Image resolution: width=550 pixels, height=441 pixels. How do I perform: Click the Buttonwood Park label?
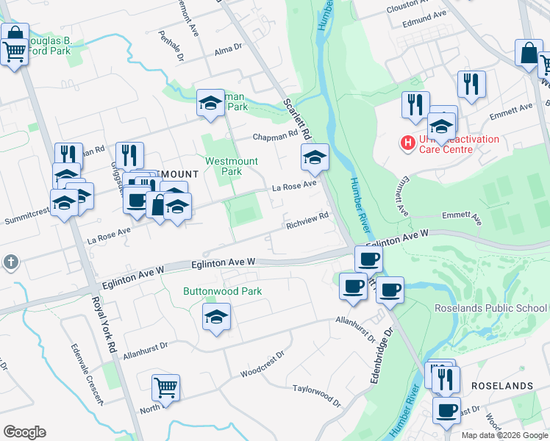pos(222,291)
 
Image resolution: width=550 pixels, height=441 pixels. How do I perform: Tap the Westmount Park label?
pos(224,166)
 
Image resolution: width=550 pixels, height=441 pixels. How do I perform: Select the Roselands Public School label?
pos(490,308)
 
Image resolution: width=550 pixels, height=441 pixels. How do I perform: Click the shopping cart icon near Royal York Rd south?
pos(165,388)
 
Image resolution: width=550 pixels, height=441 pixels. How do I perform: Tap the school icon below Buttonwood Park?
pos(215,318)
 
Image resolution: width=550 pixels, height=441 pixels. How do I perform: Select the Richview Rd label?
pos(307,220)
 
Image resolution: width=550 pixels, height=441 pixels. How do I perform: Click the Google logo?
pos(24,432)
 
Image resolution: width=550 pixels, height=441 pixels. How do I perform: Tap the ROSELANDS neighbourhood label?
pos(502,386)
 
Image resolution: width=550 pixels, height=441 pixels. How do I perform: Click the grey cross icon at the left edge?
pos(10,262)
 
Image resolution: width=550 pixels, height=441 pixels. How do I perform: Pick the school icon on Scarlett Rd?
pos(315,157)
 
